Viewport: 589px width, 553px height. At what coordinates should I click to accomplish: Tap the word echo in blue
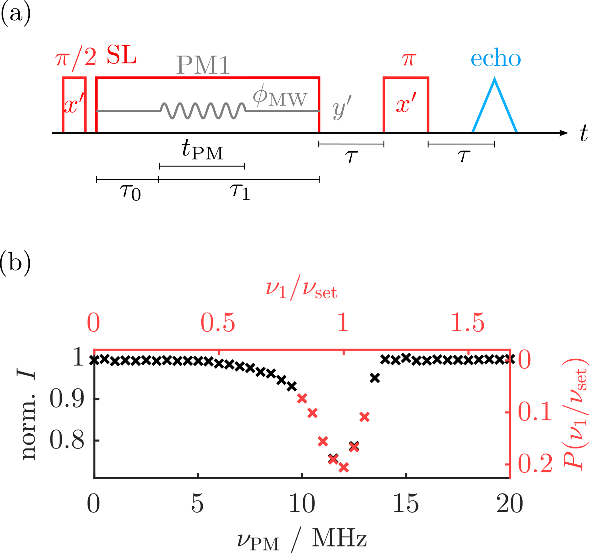[x=495, y=59]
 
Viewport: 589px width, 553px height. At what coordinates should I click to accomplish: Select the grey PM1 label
[x=203, y=65]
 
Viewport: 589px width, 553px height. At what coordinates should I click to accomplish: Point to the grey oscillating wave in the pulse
[x=203, y=111]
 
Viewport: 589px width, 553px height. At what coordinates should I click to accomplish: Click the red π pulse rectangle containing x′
[x=406, y=105]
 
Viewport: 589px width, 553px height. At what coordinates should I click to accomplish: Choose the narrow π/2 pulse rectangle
[x=74, y=105]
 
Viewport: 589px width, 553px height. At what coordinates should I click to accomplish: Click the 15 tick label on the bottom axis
[x=405, y=503]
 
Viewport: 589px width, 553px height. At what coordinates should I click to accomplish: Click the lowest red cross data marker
[x=344, y=468]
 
